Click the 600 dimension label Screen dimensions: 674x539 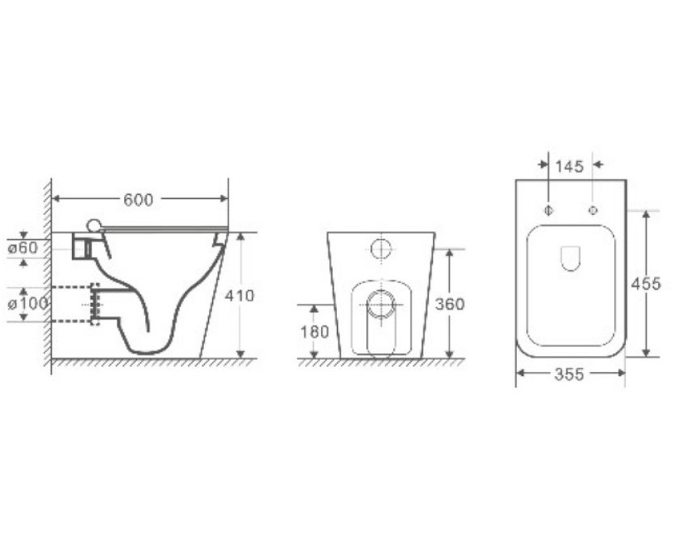point(138,200)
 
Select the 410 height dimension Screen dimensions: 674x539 point(240,296)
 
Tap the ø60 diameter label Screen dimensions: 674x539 point(23,248)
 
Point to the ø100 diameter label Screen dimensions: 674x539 point(28,304)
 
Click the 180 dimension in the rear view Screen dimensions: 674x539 point(315,332)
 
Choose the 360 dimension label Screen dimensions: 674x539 point(450,305)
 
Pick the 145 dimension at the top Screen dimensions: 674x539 point(570,166)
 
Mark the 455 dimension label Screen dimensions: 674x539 point(646,284)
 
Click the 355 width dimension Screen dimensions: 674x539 point(570,375)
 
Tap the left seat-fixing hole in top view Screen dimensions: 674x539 point(549,210)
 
